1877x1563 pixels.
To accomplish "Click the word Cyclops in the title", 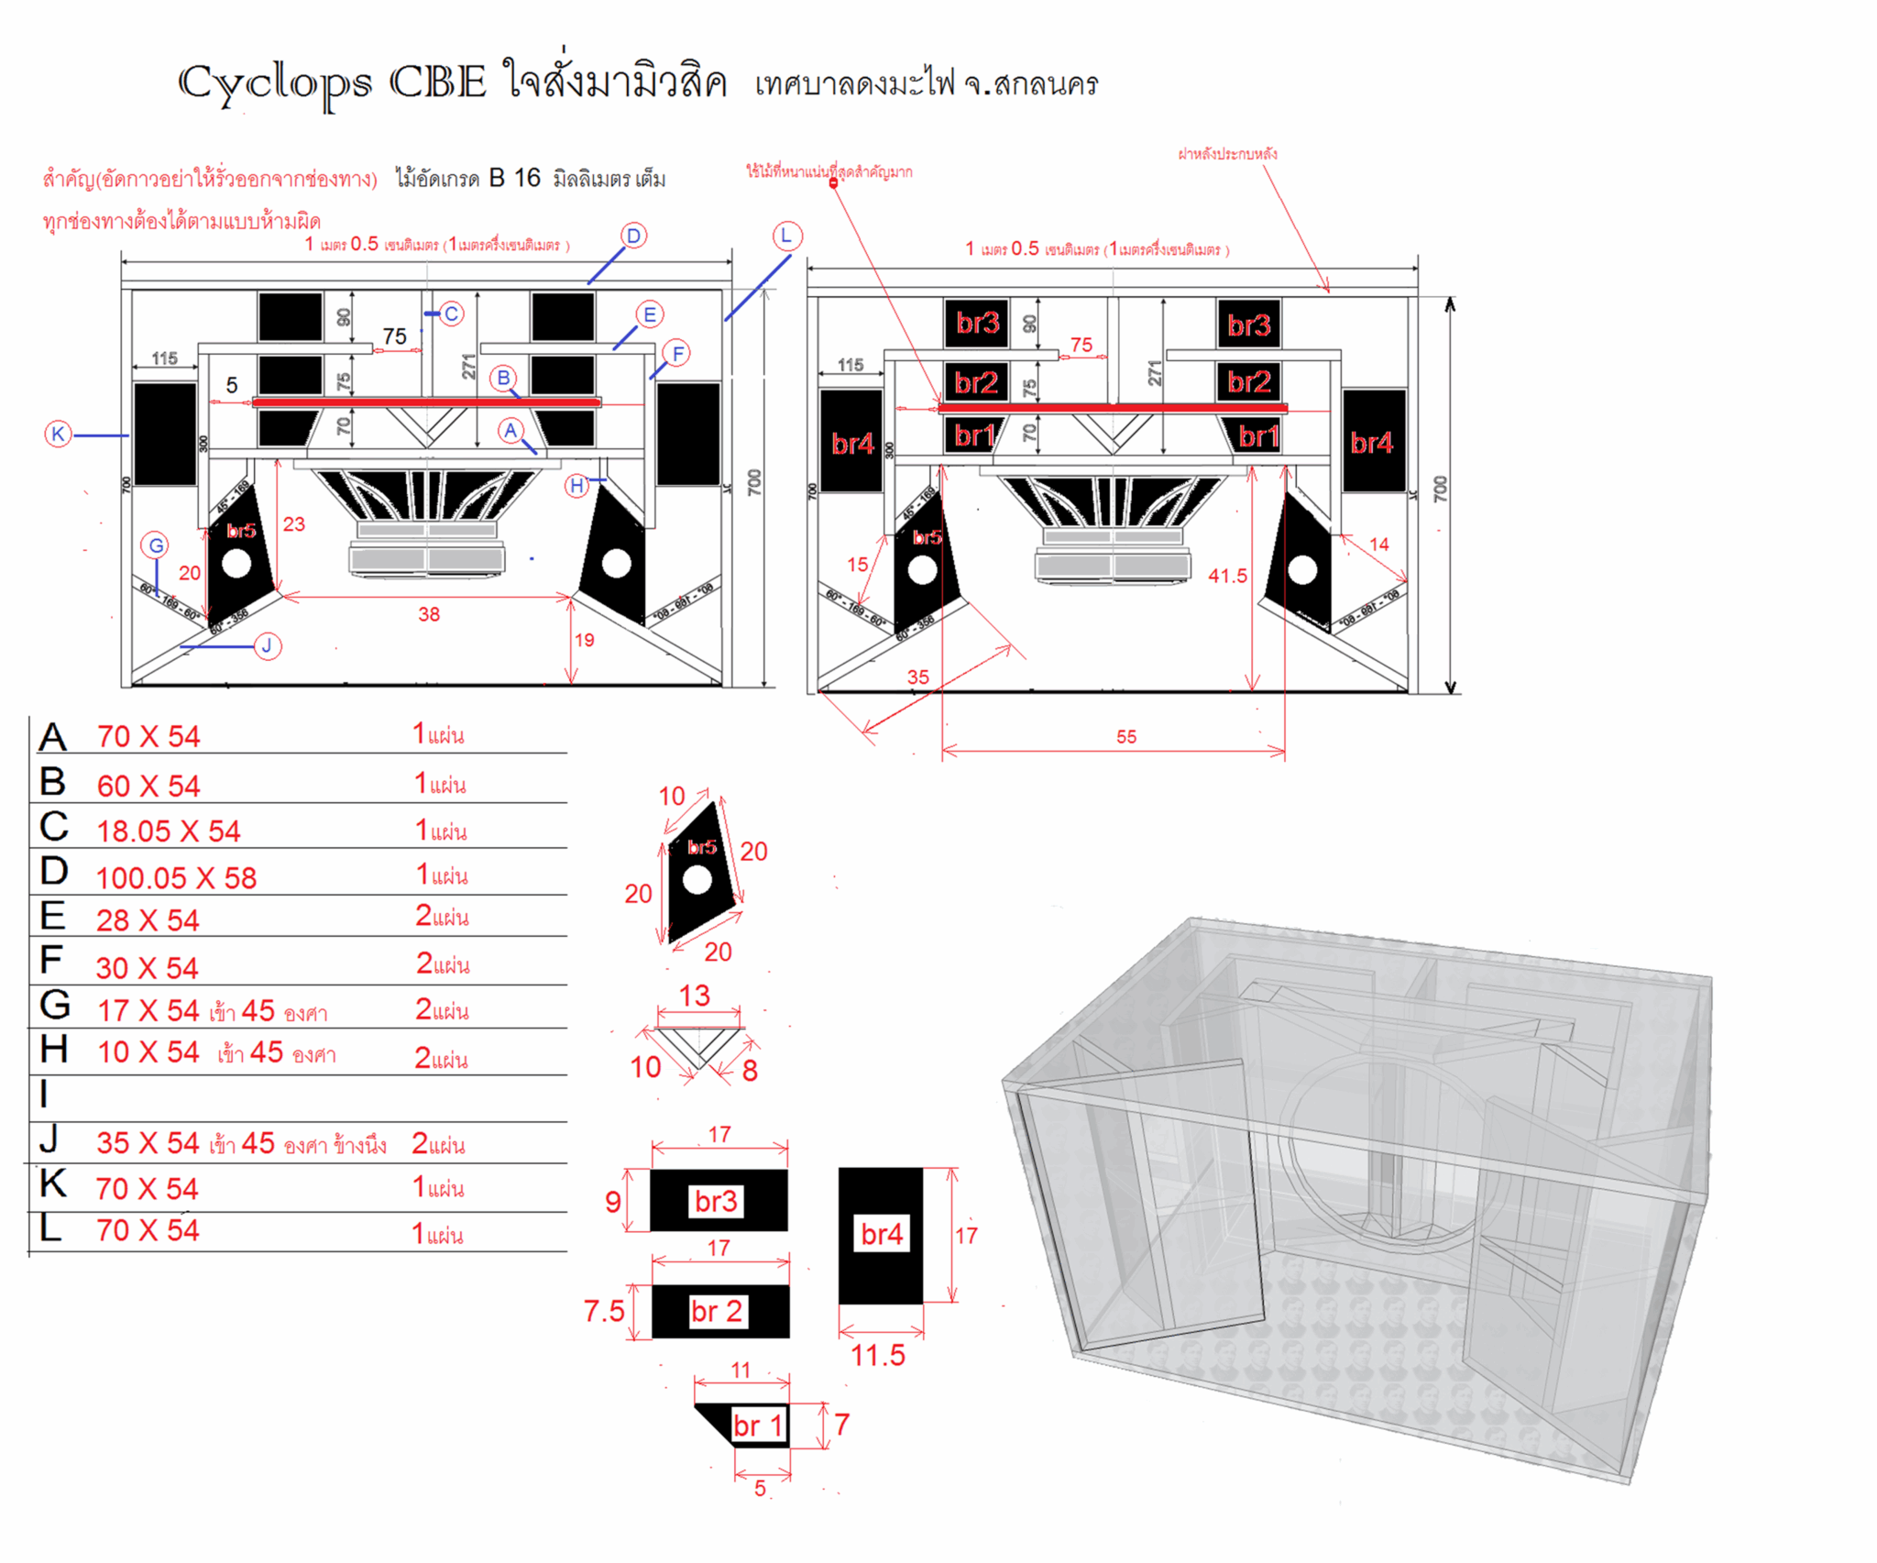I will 275,84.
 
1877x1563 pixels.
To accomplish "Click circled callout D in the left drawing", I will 633,237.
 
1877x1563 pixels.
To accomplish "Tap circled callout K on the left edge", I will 58,434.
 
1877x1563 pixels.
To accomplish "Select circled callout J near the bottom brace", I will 267,646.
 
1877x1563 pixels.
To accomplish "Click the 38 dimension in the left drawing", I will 429,614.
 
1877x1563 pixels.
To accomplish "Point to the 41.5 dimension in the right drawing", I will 1227,576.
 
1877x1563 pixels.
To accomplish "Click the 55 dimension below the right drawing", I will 1126,737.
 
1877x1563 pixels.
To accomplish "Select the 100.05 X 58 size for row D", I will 176,878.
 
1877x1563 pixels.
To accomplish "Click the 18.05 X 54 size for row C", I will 169,831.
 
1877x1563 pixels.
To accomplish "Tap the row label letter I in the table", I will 44,1095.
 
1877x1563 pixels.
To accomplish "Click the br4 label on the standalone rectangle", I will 882,1235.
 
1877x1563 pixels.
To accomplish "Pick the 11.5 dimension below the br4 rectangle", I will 877,1355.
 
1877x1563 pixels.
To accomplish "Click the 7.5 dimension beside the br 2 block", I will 604,1311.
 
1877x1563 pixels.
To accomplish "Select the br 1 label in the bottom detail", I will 758,1425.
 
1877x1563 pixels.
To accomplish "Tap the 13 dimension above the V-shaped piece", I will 695,996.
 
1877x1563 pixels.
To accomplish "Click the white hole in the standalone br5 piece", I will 697,881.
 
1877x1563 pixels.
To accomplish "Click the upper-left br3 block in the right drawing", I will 977,324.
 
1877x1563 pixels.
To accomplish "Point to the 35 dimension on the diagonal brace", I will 917,677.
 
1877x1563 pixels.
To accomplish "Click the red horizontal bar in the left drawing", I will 426,402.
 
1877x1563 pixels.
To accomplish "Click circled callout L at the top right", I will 786,237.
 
